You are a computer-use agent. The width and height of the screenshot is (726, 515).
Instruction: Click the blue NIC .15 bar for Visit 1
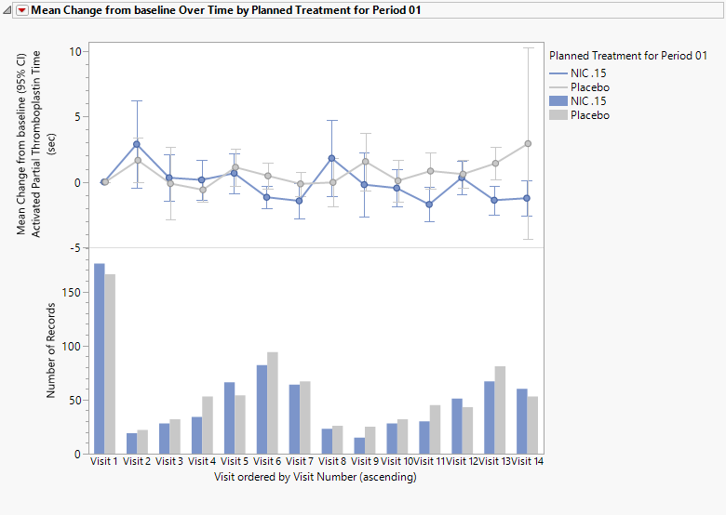point(99,359)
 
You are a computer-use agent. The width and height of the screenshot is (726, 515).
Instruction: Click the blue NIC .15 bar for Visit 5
point(229,417)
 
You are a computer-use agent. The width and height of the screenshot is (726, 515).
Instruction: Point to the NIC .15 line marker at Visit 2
point(137,144)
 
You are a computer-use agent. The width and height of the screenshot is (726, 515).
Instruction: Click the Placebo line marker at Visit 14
point(528,143)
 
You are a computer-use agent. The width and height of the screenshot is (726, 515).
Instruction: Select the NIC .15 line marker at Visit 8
point(331,158)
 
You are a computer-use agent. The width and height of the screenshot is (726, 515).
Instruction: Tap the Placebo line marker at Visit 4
point(202,190)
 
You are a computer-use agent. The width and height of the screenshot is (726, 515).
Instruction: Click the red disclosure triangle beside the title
point(22,10)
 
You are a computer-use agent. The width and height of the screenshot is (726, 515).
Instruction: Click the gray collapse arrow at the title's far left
point(8,10)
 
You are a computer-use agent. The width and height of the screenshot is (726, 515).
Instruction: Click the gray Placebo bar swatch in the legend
point(558,115)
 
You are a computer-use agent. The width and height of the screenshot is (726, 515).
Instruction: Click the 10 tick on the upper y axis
point(74,50)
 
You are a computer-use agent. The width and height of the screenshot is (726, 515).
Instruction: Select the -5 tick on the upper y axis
point(74,247)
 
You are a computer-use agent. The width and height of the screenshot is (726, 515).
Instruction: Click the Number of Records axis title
point(52,351)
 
